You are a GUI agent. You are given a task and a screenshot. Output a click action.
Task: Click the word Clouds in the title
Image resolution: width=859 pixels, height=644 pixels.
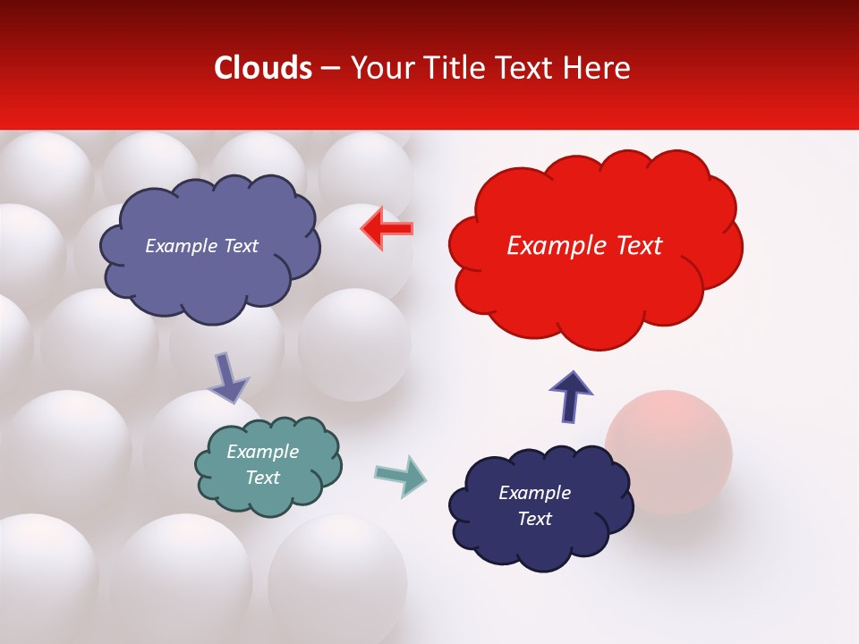[263, 68]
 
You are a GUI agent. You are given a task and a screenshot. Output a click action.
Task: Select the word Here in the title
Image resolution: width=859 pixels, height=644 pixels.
[598, 68]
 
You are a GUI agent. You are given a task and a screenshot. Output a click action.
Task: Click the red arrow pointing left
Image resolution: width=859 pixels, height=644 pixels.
[387, 229]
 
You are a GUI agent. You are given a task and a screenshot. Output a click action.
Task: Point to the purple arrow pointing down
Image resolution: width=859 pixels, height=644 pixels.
[228, 377]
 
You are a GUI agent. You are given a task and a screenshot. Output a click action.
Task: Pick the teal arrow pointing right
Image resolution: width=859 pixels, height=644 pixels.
[401, 475]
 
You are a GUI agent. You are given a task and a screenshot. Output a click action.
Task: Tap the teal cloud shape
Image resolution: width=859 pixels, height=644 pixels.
[268, 466]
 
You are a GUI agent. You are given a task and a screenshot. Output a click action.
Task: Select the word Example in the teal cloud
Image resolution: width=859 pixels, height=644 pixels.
[262, 452]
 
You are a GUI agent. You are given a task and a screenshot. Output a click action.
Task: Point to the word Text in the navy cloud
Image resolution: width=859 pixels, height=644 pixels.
[534, 519]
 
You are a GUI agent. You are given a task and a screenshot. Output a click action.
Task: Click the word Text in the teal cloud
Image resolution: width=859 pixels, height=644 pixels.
[263, 478]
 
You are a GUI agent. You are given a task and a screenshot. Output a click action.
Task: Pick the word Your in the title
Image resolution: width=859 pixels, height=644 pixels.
[380, 68]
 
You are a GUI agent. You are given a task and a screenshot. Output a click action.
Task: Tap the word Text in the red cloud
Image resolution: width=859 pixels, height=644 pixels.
[635, 246]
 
